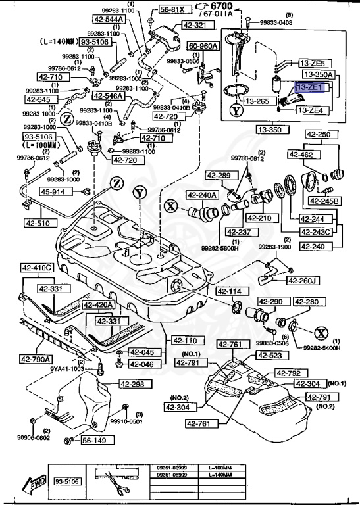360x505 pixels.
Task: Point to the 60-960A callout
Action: [x=203, y=47]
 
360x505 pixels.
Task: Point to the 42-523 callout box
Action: [x=269, y=356]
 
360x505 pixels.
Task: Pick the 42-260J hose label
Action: [x=304, y=281]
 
